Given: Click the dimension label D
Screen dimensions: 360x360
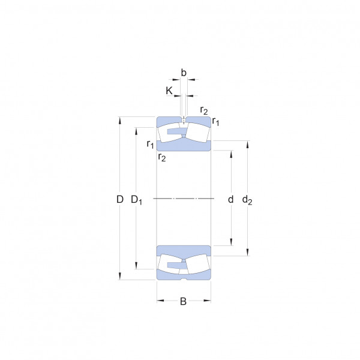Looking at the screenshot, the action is [x=120, y=199].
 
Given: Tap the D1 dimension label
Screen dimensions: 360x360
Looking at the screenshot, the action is [x=136, y=200].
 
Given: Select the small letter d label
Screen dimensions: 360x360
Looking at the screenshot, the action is [x=231, y=199].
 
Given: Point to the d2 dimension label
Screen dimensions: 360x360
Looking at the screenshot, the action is [x=247, y=200].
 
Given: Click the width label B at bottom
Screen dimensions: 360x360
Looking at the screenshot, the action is [x=183, y=301].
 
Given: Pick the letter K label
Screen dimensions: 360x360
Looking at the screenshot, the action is [x=169, y=91].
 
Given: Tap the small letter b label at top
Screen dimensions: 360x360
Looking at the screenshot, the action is [x=184, y=73].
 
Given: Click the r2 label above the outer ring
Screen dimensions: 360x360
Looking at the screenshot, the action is [x=204, y=110].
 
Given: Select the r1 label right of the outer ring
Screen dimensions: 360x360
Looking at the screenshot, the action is [x=215, y=121].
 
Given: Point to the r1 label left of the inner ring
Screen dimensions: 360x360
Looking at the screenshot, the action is [x=151, y=144].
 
